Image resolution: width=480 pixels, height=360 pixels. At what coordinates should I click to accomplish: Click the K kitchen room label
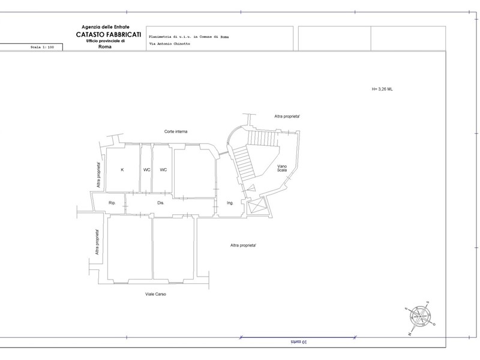[x=122, y=170]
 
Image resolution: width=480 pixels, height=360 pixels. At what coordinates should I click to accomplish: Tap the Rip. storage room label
[x=112, y=203]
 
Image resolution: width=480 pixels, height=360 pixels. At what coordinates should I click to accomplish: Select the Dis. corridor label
[x=161, y=203]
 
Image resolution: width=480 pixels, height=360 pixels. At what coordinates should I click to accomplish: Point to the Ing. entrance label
[x=230, y=203]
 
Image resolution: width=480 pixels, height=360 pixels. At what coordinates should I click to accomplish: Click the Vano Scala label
[x=282, y=168]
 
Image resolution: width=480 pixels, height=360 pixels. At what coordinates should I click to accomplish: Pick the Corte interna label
[x=176, y=131]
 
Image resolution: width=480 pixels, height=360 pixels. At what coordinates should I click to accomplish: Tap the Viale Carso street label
[x=155, y=294]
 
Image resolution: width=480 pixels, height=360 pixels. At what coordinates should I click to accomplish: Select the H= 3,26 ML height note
[x=382, y=89]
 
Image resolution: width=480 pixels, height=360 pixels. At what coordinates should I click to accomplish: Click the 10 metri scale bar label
[x=298, y=341]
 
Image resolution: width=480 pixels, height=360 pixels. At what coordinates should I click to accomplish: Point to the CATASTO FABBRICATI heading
[x=109, y=35]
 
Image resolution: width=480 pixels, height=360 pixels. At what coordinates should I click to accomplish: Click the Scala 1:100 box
[x=31, y=47]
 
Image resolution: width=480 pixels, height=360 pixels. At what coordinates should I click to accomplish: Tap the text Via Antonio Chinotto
[x=170, y=44]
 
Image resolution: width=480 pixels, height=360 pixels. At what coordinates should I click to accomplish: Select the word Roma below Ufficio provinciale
[x=105, y=47]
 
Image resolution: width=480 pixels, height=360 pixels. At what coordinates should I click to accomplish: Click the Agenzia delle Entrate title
[x=106, y=27]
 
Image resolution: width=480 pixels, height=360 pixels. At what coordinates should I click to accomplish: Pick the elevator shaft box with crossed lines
[x=257, y=205]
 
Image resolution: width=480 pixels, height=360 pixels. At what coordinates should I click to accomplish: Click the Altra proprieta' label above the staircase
[x=287, y=116]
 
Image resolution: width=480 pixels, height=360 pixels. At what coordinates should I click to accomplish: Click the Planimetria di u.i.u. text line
[x=189, y=37]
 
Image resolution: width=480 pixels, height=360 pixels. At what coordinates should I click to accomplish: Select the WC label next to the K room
[x=146, y=170]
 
